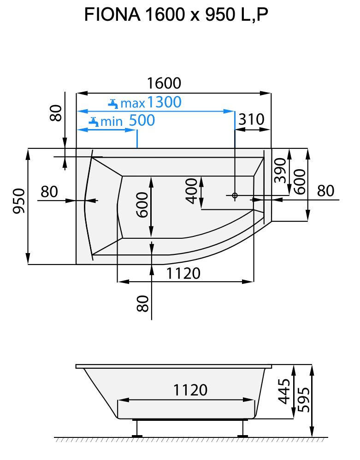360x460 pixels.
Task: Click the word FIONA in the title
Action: [x=112, y=15]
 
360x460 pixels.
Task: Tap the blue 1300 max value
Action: [x=164, y=102]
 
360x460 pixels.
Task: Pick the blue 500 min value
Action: [x=142, y=121]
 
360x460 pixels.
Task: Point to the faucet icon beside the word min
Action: [x=93, y=122]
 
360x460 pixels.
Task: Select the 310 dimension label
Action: [x=251, y=120]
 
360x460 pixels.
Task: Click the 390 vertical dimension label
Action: [x=280, y=171]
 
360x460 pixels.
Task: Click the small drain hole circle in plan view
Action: [x=235, y=195]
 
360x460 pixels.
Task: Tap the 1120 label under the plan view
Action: [x=183, y=273]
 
